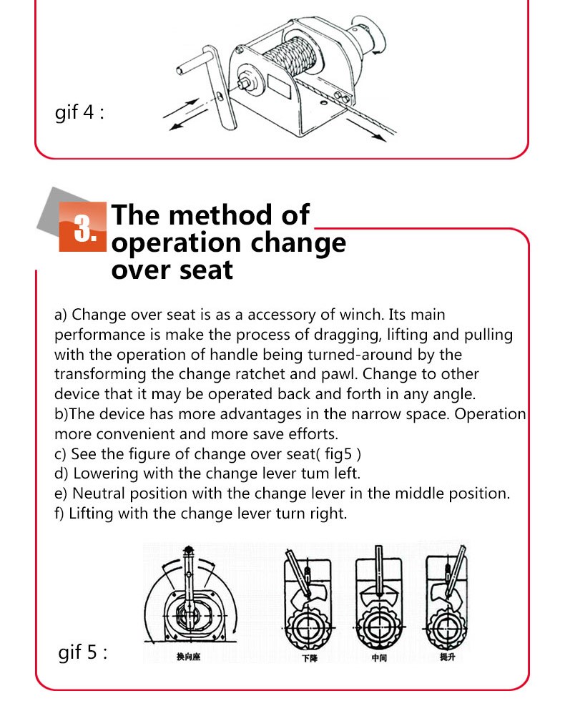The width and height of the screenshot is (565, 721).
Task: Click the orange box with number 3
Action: pos(83,227)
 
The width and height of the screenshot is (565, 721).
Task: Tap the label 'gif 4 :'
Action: pos(80,113)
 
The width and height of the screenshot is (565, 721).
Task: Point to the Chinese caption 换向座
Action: pos(189,656)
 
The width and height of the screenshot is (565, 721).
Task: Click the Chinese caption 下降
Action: pos(309,657)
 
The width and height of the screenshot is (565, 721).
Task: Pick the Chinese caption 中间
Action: pos(378,657)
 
